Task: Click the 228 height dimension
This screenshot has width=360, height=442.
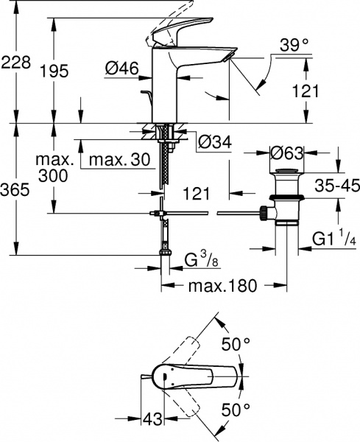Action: click(15, 63)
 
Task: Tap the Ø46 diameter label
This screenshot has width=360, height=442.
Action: click(121, 69)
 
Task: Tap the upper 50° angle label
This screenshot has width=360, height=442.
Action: click(237, 343)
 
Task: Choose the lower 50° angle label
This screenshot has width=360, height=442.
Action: click(237, 409)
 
